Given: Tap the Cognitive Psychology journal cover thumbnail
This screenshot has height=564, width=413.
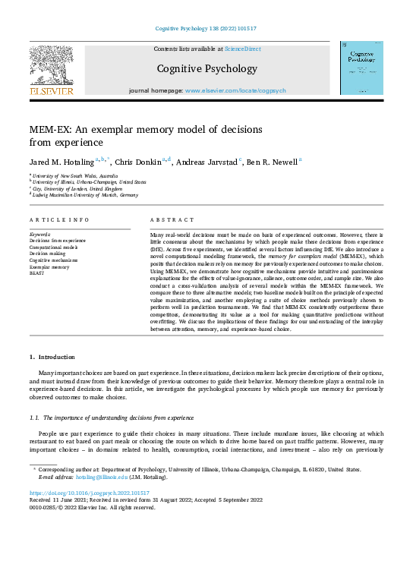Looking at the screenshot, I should pyautogui.click(x=361, y=68).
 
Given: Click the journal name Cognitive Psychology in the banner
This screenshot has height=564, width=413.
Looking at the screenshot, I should pyautogui.click(x=206, y=69).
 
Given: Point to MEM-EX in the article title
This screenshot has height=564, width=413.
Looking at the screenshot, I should pyautogui.click(x=53, y=129).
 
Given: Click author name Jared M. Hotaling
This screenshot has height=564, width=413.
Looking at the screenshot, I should pyautogui.click(x=61, y=161).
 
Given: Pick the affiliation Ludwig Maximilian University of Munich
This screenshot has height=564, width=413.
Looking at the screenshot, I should pyautogui.click(x=87, y=195).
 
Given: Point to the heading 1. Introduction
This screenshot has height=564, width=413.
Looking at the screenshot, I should pyautogui.click(x=52, y=356).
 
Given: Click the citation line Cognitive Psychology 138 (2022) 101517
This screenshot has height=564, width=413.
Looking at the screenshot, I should pyautogui.click(x=206, y=29).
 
